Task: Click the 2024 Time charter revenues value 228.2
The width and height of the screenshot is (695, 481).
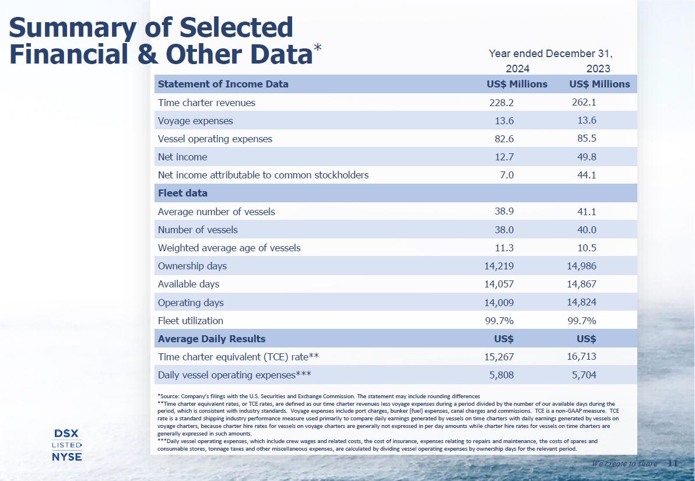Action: point(501,103)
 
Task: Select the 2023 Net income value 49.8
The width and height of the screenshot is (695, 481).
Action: point(584,157)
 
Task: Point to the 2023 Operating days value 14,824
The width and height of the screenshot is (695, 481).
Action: point(582,303)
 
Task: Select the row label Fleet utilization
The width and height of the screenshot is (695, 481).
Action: point(190,321)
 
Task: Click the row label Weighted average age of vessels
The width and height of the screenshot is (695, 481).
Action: point(229,248)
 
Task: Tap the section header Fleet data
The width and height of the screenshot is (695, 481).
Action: point(182,193)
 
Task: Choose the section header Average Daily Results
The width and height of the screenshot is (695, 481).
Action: point(212,339)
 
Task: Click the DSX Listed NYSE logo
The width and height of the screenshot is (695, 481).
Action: point(66,445)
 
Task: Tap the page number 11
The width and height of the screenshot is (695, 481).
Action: point(672,464)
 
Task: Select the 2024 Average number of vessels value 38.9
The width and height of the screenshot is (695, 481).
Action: point(504,212)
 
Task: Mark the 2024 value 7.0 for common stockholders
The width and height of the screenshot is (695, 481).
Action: point(507,175)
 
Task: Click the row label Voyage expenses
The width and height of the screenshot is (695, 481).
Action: point(195,121)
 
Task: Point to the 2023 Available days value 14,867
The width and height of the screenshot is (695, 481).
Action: point(582,284)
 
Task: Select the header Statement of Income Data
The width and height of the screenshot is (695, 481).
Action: point(223,84)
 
